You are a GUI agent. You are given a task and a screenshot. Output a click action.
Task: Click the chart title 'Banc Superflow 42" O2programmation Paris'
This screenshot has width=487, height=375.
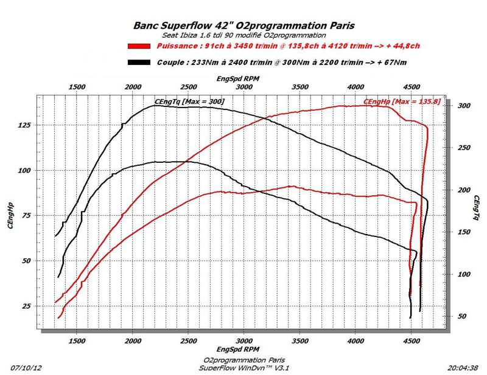pos(243,26)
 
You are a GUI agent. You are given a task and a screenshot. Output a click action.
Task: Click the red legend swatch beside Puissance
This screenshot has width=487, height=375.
pos(139,46)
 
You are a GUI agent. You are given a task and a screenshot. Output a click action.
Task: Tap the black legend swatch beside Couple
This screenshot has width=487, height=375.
pos(139,62)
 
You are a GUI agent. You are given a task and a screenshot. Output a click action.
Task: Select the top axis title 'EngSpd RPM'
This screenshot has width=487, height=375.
pos(243,79)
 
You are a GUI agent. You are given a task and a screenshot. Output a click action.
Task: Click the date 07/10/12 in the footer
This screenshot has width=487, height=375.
pos(26,367)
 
